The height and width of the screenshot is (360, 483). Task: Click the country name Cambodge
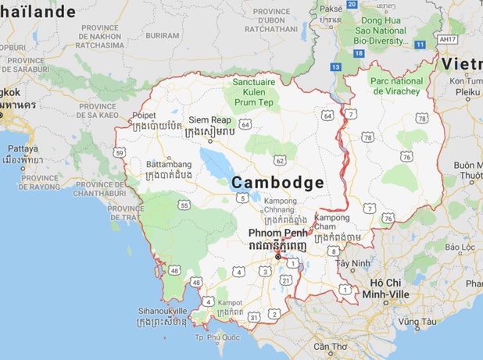point(278,182)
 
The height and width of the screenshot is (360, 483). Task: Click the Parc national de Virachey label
point(398,86)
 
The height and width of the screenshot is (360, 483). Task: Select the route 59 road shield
point(120,152)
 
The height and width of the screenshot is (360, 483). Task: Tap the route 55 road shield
point(184,205)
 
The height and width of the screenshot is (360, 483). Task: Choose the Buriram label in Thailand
point(162,35)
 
